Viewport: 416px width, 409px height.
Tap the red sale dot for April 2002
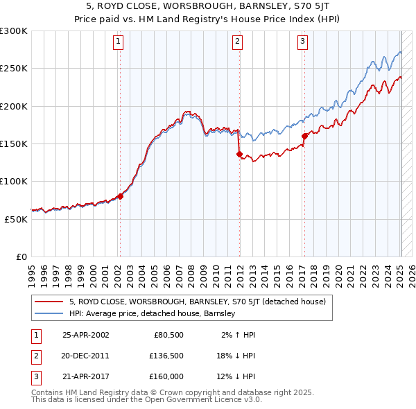coord(120,196)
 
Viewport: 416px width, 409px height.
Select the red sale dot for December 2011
coord(239,155)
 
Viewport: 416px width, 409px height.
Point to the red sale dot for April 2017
coord(304,137)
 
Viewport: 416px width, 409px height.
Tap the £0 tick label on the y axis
coord(21,256)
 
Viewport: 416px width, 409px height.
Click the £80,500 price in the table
coord(168,334)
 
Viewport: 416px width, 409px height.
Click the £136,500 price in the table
coord(166,356)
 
